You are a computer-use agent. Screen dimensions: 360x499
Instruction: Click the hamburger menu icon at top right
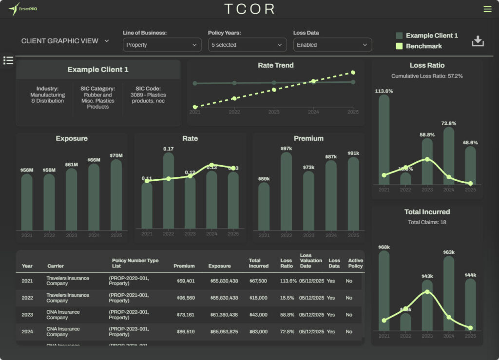point(487,9)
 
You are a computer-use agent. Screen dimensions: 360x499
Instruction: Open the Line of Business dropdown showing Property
point(162,45)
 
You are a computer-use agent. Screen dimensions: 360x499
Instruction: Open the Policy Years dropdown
point(247,45)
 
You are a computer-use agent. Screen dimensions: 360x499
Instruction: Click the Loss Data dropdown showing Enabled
point(332,45)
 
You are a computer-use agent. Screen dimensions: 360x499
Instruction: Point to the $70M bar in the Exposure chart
point(116,195)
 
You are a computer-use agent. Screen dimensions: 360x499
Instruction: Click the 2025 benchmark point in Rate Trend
point(353,73)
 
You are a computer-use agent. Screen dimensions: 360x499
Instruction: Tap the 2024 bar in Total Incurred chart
point(449,293)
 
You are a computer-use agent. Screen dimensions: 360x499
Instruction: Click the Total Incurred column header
point(258,263)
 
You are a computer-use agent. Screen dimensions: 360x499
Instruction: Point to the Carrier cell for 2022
point(68,298)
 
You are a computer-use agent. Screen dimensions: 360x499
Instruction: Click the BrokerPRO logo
point(23,9)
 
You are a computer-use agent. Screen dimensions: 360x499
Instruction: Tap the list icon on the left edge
point(8,60)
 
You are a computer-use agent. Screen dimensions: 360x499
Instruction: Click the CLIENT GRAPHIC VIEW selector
point(65,41)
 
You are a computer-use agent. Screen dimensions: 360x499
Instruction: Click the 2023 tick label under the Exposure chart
point(72,235)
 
